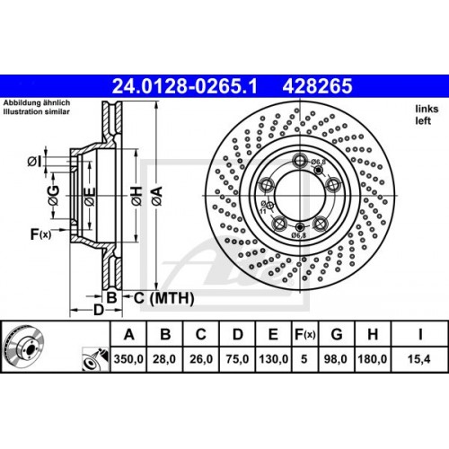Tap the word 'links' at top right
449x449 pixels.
[x=426, y=109]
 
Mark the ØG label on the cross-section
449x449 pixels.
[x=53, y=195]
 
